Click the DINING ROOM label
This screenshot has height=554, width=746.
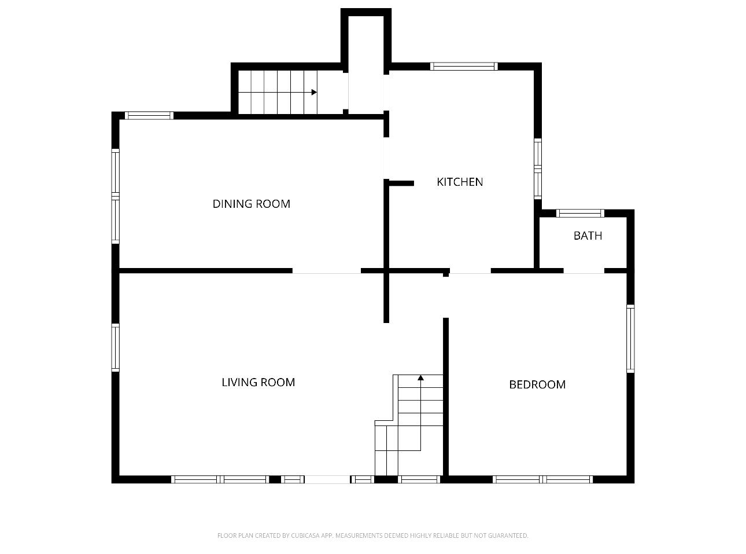pyautogui.click(x=251, y=204)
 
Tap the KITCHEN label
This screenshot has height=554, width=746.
pyautogui.click(x=460, y=182)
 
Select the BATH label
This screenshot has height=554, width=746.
pyautogui.click(x=588, y=236)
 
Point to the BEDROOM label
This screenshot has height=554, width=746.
pyautogui.click(x=537, y=384)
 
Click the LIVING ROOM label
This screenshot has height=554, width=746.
pyautogui.click(x=258, y=382)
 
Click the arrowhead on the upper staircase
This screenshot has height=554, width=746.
pyautogui.click(x=314, y=92)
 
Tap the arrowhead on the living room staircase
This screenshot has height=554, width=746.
pyautogui.click(x=420, y=378)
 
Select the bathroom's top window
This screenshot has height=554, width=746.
pyautogui.click(x=580, y=213)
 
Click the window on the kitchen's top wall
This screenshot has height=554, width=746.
pyautogui.click(x=464, y=67)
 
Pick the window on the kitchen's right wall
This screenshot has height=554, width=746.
pyautogui.click(x=538, y=168)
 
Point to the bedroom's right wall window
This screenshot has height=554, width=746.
pyautogui.click(x=630, y=339)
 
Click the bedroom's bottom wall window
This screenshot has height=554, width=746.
pyautogui.click(x=543, y=479)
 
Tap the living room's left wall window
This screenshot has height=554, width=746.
pyautogui.click(x=115, y=347)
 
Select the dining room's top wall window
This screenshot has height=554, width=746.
pyautogui.click(x=149, y=116)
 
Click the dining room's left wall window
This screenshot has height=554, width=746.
pyautogui.click(x=115, y=196)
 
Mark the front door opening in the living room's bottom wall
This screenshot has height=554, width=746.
pyautogui.click(x=327, y=479)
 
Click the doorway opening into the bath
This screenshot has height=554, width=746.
pyautogui.click(x=584, y=271)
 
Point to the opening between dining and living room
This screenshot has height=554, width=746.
pyautogui.click(x=327, y=271)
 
